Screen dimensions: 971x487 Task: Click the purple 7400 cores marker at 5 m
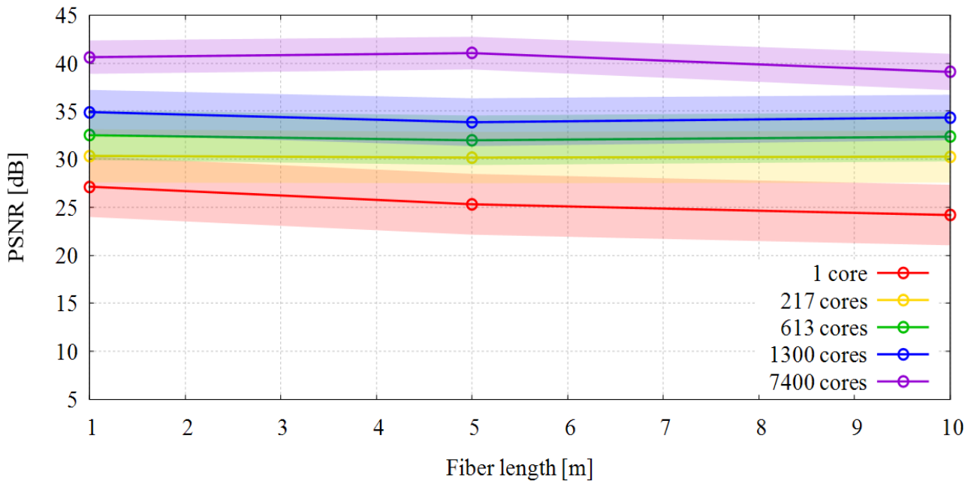pyautogui.click(x=472, y=53)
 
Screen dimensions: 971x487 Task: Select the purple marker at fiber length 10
pyautogui.click(x=950, y=71)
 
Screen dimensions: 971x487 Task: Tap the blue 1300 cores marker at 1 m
pyautogui.click(x=89, y=112)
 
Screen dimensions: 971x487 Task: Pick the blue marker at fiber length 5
pyautogui.click(x=472, y=123)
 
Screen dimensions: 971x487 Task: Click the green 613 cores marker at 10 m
pyautogui.click(x=950, y=137)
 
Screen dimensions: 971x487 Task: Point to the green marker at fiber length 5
pyautogui.click(x=472, y=140)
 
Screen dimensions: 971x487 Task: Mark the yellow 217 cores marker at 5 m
pyautogui.click(x=472, y=158)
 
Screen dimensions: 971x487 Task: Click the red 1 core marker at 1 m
pyautogui.click(x=89, y=187)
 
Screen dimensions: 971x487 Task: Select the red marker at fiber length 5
pyautogui.click(x=472, y=204)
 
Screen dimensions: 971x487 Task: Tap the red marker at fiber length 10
pyautogui.click(x=950, y=215)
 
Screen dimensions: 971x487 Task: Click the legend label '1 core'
pyautogui.click(x=840, y=274)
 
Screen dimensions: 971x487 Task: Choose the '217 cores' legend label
pyautogui.click(x=824, y=301)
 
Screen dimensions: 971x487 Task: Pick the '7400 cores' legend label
pyautogui.click(x=818, y=382)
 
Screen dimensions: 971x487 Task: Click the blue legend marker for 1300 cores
pyautogui.click(x=903, y=354)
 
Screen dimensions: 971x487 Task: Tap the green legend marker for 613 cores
pyautogui.click(x=903, y=327)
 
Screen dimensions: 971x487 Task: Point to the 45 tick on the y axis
pyautogui.click(x=66, y=17)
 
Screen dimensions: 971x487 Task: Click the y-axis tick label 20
pyautogui.click(x=66, y=256)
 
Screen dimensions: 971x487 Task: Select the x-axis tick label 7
pyautogui.click(x=665, y=428)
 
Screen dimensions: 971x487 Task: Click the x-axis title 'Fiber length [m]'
pyautogui.click(x=520, y=468)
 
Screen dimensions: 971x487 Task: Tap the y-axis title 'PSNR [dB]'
pyautogui.click(x=17, y=207)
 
